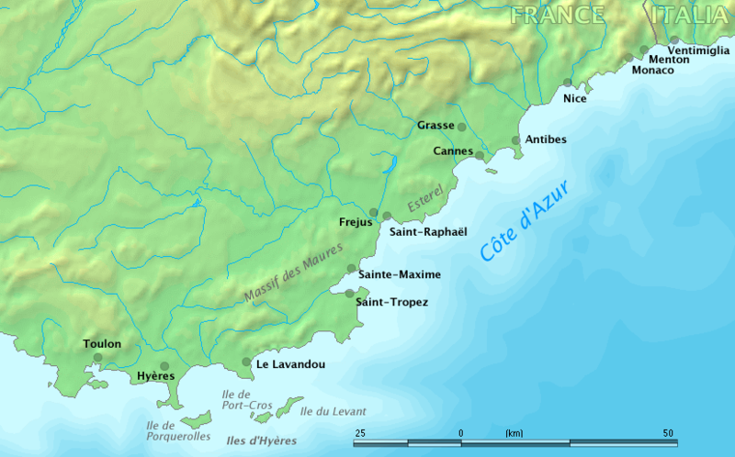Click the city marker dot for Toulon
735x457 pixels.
[98, 358]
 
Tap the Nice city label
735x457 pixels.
[574, 98]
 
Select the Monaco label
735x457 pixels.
[653, 71]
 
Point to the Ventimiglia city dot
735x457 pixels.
[673, 40]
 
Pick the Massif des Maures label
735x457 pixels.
[293, 273]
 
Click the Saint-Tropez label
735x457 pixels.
[391, 302]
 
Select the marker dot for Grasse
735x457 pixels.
[461, 127]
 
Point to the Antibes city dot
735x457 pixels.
[515, 140]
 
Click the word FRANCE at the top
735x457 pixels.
[558, 15]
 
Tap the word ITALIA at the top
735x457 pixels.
[689, 15]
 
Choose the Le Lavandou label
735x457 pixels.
[290, 364]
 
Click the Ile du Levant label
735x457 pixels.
[334, 411]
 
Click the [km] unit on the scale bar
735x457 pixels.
[514, 433]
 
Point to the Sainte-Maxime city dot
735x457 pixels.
[351, 269]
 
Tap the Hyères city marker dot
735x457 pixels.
[164, 365]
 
